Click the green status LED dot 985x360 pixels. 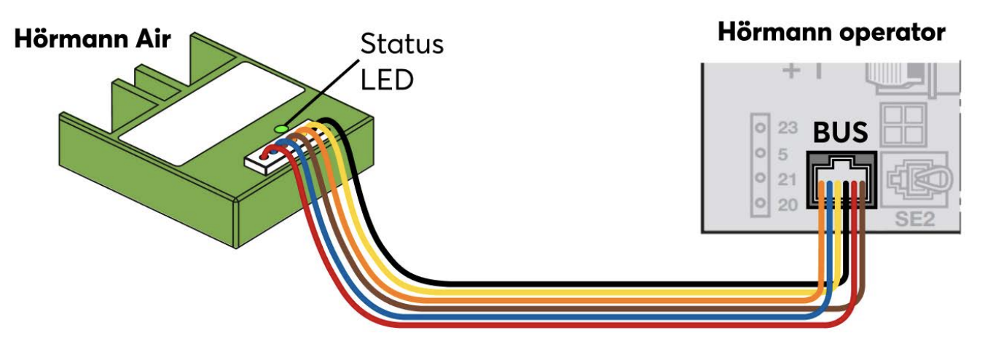(280, 129)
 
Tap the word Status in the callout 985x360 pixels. (401, 44)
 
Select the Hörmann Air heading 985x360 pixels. (92, 39)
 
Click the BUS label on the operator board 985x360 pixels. (840, 133)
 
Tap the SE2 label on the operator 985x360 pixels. (914, 218)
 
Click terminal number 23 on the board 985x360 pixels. (788, 129)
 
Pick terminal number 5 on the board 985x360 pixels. (783, 154)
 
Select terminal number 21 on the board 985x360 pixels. (788, 179)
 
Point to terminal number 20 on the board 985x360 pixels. (788, 205)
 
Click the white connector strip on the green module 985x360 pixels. (266, 157)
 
